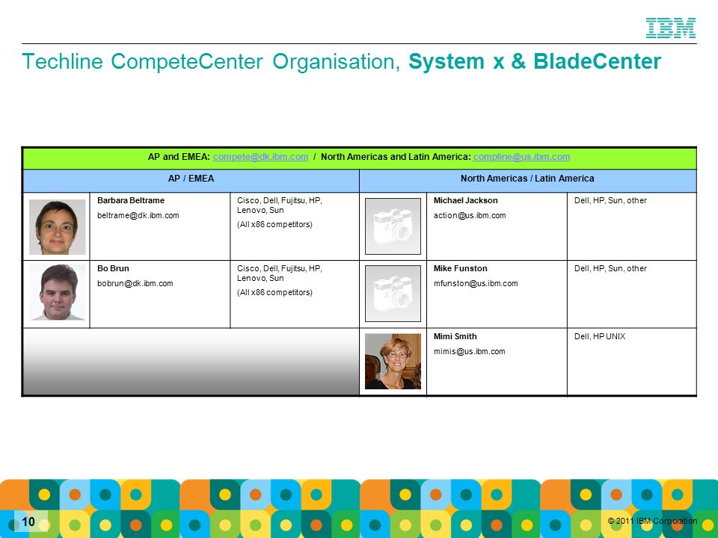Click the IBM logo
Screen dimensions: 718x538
(671, 28)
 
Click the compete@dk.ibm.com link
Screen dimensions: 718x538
(260, 157)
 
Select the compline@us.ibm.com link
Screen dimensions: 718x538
(521, 157)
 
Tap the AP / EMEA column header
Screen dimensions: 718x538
(191, 179)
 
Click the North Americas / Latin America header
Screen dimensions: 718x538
(527, 179)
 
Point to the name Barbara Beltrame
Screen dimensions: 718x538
(131, 200)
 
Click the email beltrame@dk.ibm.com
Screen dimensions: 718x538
(138, 215)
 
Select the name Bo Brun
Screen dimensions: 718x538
(113, 268)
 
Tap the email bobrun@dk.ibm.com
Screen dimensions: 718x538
(135, 284)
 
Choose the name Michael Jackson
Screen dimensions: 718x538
(466, 200)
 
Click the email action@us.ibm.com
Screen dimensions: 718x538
(470, 215)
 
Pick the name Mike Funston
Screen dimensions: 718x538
(461, 268)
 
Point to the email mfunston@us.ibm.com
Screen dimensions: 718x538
(476, 284)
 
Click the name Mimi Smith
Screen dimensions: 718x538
(455, 337)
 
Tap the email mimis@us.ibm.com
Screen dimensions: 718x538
(470, 352)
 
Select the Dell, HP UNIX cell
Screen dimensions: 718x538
(600, 337)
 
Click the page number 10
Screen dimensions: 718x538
(28, 522)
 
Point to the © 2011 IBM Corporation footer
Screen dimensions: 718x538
(652, 521)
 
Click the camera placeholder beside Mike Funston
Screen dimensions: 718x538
(393, 294)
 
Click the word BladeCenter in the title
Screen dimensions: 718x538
(597, 61)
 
